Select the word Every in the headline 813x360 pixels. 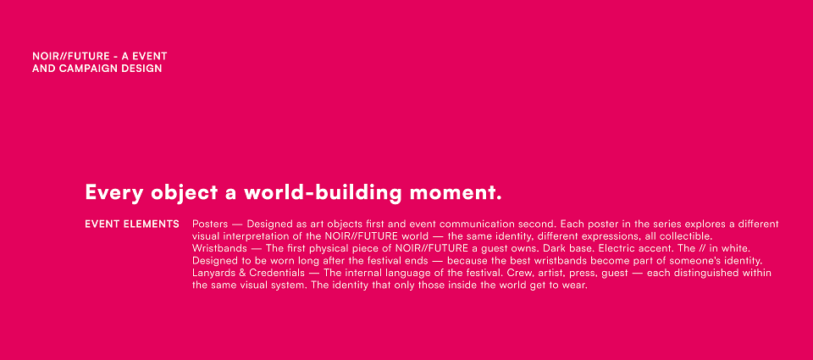(x=114, y=192)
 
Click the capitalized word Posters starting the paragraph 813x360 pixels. (x=210, y=224)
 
